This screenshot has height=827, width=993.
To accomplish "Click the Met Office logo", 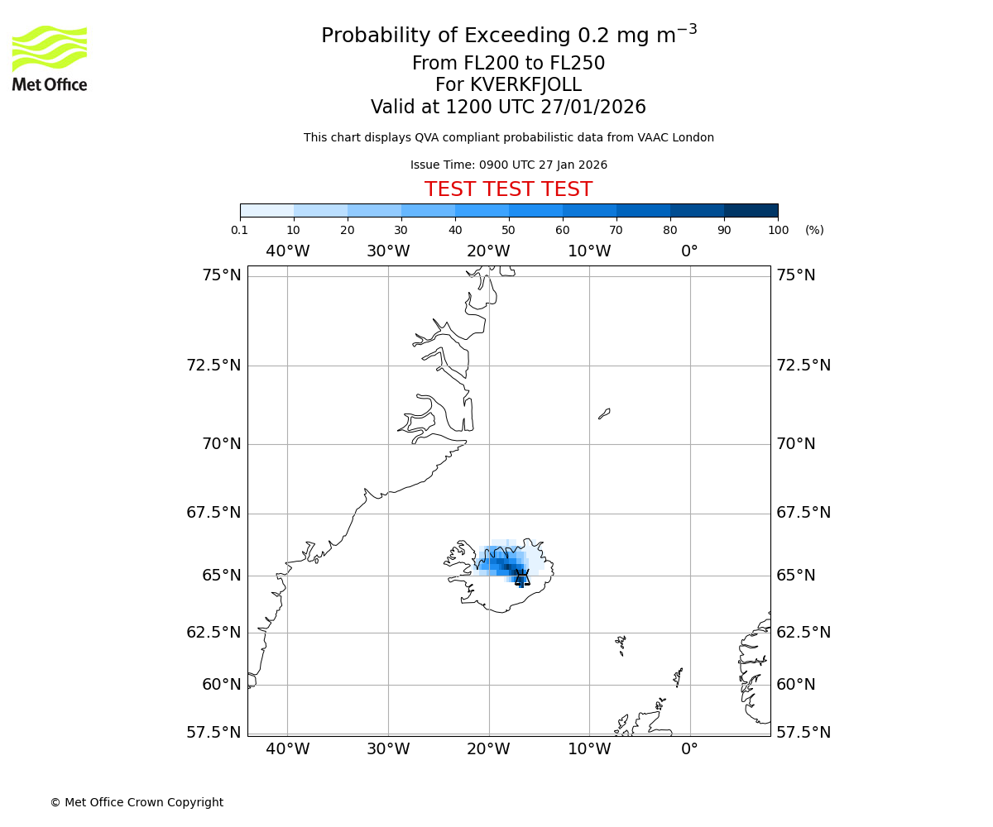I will point(50,58).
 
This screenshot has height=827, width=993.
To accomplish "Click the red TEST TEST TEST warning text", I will point(508,189).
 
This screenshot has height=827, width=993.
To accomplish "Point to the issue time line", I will point(508,165).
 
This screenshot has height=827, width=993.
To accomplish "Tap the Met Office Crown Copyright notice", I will point(137,802).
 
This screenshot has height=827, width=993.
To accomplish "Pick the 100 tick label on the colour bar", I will point(778,230).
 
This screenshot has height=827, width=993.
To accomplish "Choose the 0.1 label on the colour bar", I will point(240,230).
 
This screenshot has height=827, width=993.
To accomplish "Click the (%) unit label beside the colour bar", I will point(814,230).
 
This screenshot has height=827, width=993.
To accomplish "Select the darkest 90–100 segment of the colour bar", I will point(751,210).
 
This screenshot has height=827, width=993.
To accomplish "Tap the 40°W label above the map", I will point(287,251).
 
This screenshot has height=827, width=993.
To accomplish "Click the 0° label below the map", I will point(689,749).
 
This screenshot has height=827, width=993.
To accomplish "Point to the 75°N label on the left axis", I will point(221,275).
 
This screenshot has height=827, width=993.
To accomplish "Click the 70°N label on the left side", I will point(221,444).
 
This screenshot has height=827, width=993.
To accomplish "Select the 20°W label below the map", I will point(488,749).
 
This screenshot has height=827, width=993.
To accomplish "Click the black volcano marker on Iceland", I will point(521,577).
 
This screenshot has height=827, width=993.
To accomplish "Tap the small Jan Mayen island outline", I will point(604,413).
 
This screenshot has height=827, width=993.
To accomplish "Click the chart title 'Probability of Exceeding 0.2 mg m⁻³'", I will point(508,36).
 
